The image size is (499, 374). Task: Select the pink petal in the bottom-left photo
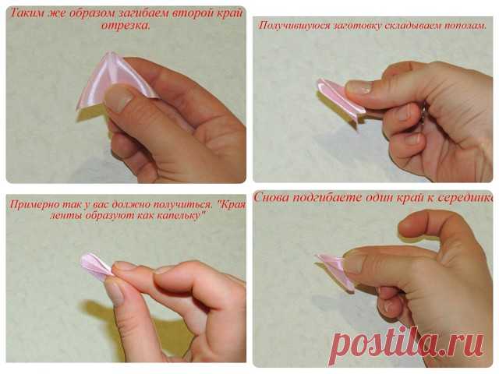95,267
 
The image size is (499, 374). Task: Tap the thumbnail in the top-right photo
359,87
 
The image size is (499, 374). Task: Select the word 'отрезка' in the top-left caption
125,26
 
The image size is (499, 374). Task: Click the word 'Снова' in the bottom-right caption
271,197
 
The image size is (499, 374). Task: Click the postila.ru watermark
407,344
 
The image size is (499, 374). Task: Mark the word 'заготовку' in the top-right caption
352,26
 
